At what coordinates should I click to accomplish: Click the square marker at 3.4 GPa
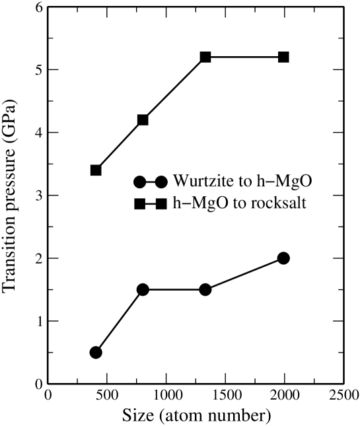[96, 170]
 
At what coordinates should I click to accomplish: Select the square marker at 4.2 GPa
[143, 120]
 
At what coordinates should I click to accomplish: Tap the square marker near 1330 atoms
[205, 57]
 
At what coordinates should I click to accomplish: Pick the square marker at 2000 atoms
[283, 57]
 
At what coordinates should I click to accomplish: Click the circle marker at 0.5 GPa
[96, 352]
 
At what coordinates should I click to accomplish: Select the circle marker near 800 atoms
[143, 289]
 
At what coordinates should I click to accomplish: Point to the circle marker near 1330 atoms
[205, 289]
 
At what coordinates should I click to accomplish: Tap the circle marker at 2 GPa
[283, 258]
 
